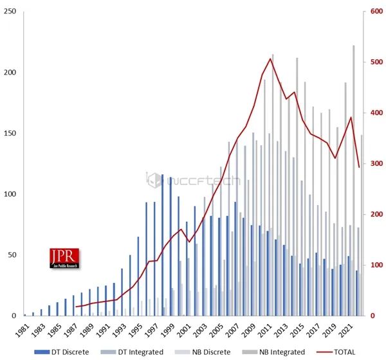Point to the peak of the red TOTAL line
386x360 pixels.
(270, 59)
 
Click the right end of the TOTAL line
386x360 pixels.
(358, 167)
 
